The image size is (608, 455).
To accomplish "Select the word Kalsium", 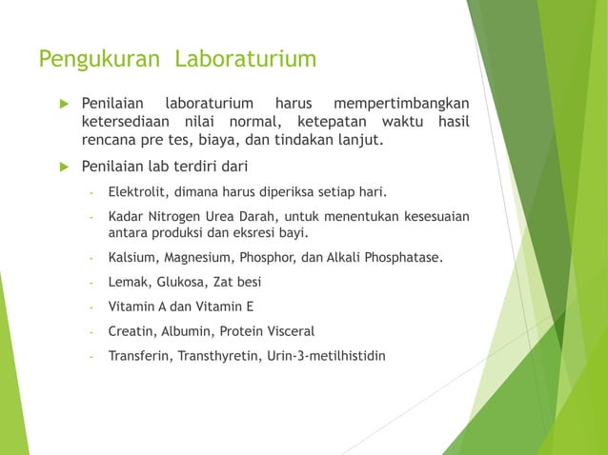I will [132, 257].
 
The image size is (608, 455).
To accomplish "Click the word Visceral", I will [287, 331].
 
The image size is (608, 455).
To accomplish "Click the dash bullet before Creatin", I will [91, 332].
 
